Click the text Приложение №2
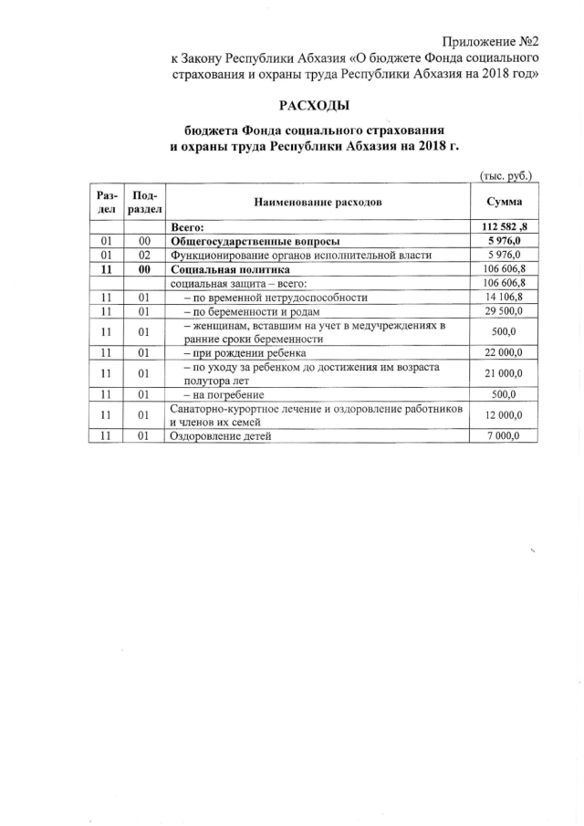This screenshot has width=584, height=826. tap(491, 41)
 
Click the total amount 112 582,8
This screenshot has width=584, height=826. tap(505, 226)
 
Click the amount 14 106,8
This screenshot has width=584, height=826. tap(505, 298)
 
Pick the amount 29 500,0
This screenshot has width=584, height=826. tap(505, 311)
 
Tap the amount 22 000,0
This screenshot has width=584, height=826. tap(505, 353)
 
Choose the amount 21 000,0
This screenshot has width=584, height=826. tap(505, 374)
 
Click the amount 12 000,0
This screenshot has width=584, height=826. tap(505, 416)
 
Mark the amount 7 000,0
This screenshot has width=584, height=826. tap(505, 436)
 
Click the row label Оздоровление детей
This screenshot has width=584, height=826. tap(221, 437)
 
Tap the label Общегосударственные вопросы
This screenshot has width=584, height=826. tap(249, 241)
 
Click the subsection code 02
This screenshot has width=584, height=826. tap(144, 256)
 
